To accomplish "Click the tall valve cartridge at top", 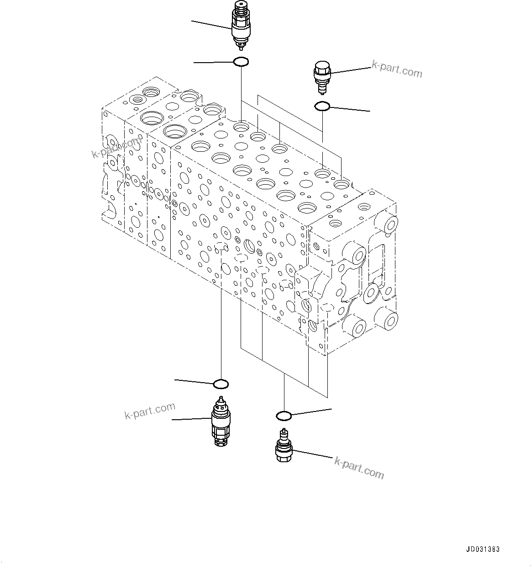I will pos(240,26).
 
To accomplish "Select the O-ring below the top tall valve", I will pos(241,61).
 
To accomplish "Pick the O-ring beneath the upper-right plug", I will pos(322,106).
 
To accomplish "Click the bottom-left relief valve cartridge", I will pos(221,421).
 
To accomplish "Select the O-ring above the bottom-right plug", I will pos(284,416).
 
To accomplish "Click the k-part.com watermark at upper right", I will pos(397,69).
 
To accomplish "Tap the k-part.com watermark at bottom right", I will pos(359,467).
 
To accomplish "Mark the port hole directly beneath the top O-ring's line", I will pos(241,126).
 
